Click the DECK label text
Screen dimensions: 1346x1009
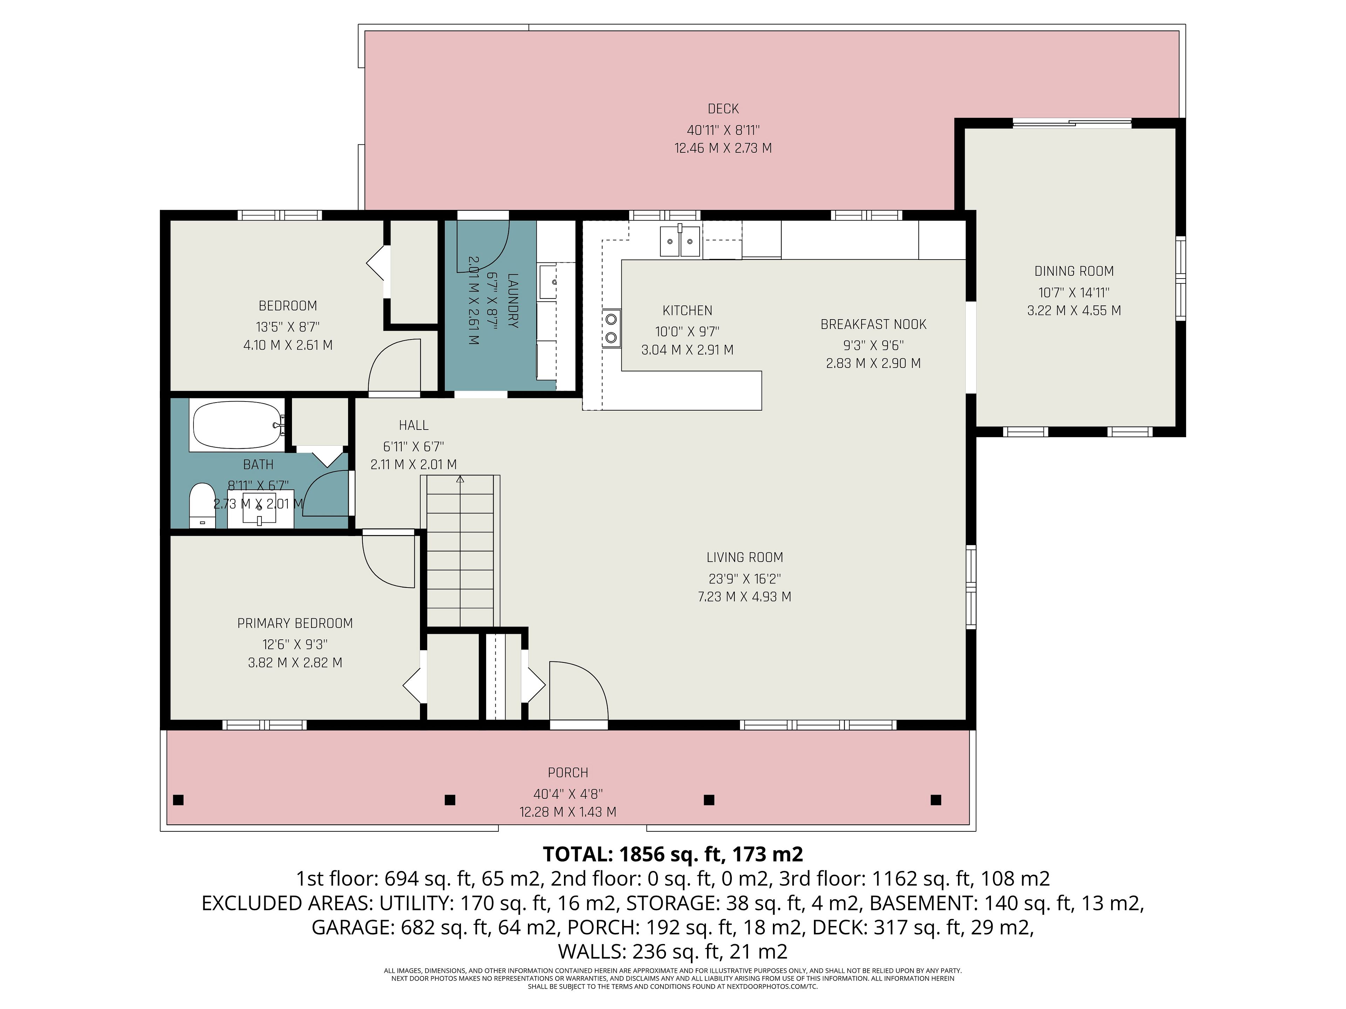[x=723, y=109]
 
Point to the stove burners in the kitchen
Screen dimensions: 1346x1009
[x=611, y=328]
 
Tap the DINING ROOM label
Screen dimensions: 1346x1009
[x=1074, y=271]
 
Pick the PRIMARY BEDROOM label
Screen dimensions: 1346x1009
[x=295, y=623]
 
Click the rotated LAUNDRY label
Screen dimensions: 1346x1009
[x=513, y=301]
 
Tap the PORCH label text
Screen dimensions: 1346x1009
[x=568, y=773]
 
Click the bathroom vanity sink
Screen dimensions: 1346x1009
[x=260, y=511]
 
